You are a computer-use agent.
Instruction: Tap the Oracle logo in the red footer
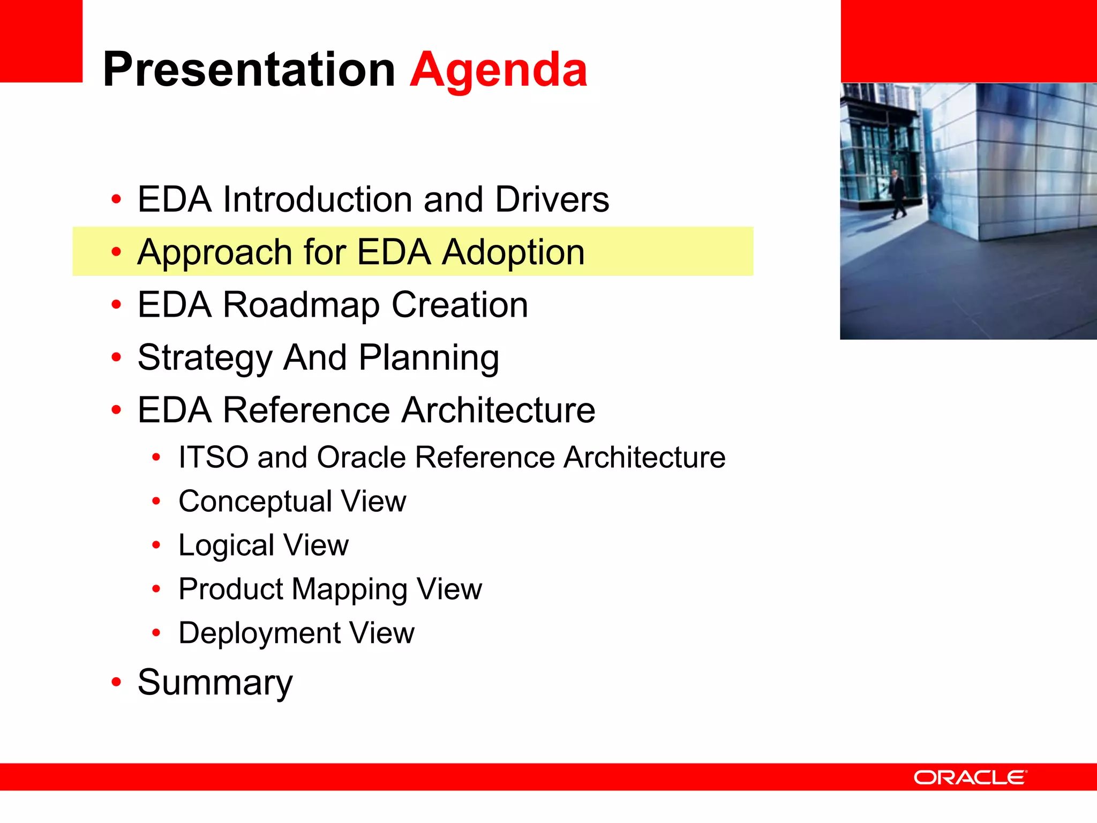click(970, 777)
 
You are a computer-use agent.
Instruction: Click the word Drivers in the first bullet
click(552, 199)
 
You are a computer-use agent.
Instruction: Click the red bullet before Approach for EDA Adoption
click(116, 252)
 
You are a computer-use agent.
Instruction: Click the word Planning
click(429, 358)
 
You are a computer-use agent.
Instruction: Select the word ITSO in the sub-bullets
click(213, 457)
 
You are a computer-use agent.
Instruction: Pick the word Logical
click(226, 545)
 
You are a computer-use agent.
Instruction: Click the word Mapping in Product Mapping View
click(349, 589)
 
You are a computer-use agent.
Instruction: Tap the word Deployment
click(259, 633)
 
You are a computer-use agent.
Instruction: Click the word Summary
click(215, 683)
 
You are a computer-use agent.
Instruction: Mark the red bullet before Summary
click(116, 683)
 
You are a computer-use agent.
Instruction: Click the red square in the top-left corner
click(41, 41)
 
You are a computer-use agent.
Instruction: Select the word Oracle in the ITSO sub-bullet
click(361, 457)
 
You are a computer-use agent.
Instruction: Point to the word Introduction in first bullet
click(318, 199)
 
